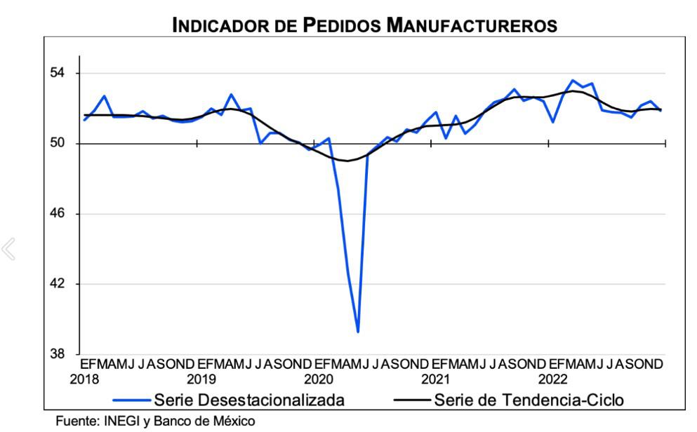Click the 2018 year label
pyautogui.click(x=84, y=379)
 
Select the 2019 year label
pyautogui.click(x=201, y=379)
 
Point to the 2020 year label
pyautogui.click(x=319, y=379)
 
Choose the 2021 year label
pyautogui.click(x=436, y=379)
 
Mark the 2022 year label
pyautogui.click(x=553, y=379)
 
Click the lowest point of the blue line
pyautogui.click(x=358, y=331)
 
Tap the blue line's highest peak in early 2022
pyautogui.click(x=572, y=81)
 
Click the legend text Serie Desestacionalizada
pyautogui.click(x=249, y=400)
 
